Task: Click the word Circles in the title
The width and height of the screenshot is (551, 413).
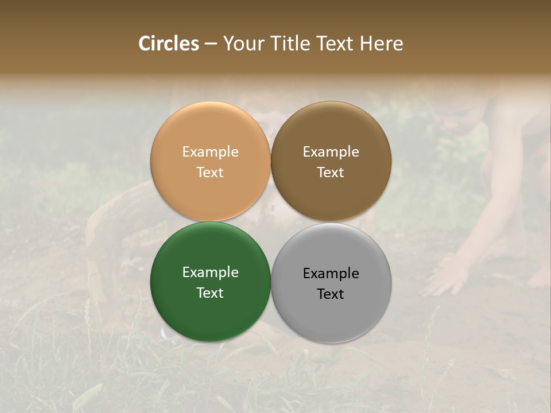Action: (x=169, y=44)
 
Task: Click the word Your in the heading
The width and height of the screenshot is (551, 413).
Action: (x=244, y=44)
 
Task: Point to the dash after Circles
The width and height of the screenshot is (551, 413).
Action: (x=211, y=44)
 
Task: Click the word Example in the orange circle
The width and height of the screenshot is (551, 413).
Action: (x=210, y=152)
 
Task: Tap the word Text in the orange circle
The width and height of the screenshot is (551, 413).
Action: (x=210, y=173)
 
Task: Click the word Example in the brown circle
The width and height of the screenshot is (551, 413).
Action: (x=331, y=152)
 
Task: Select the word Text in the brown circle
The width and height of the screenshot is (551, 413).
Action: (x=331, y=173)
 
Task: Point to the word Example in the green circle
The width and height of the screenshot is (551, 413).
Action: (x=210, y=272)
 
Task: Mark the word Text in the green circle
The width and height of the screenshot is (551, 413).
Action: (x=210, y=293)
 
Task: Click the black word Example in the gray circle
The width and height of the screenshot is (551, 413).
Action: (x=331, y=274)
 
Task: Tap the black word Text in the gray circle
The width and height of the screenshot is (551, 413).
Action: (x=331, y=294)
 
